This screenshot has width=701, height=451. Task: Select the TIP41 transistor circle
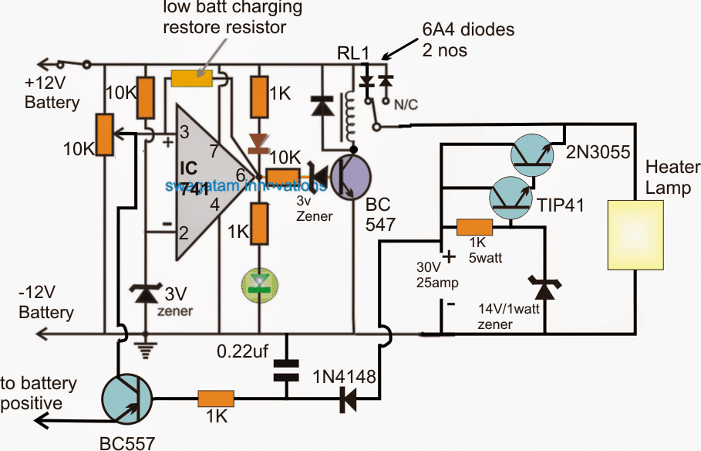(513, 198)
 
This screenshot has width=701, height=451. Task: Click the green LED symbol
(261, 282)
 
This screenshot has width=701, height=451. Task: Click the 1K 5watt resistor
(474, 227)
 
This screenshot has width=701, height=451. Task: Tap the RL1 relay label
(352, 53)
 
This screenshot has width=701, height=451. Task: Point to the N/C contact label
(406, 106)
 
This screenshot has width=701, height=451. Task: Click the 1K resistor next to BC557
(214, 398)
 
